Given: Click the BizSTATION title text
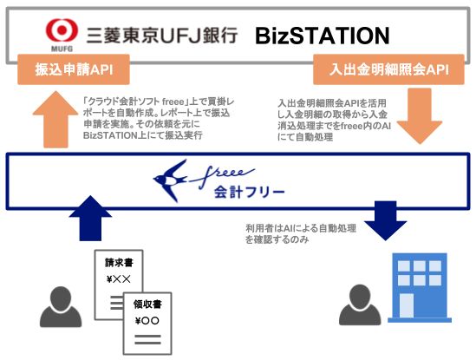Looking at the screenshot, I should (x=322, y=36).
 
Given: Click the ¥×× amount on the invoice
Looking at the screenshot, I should (x=117, y=279).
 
